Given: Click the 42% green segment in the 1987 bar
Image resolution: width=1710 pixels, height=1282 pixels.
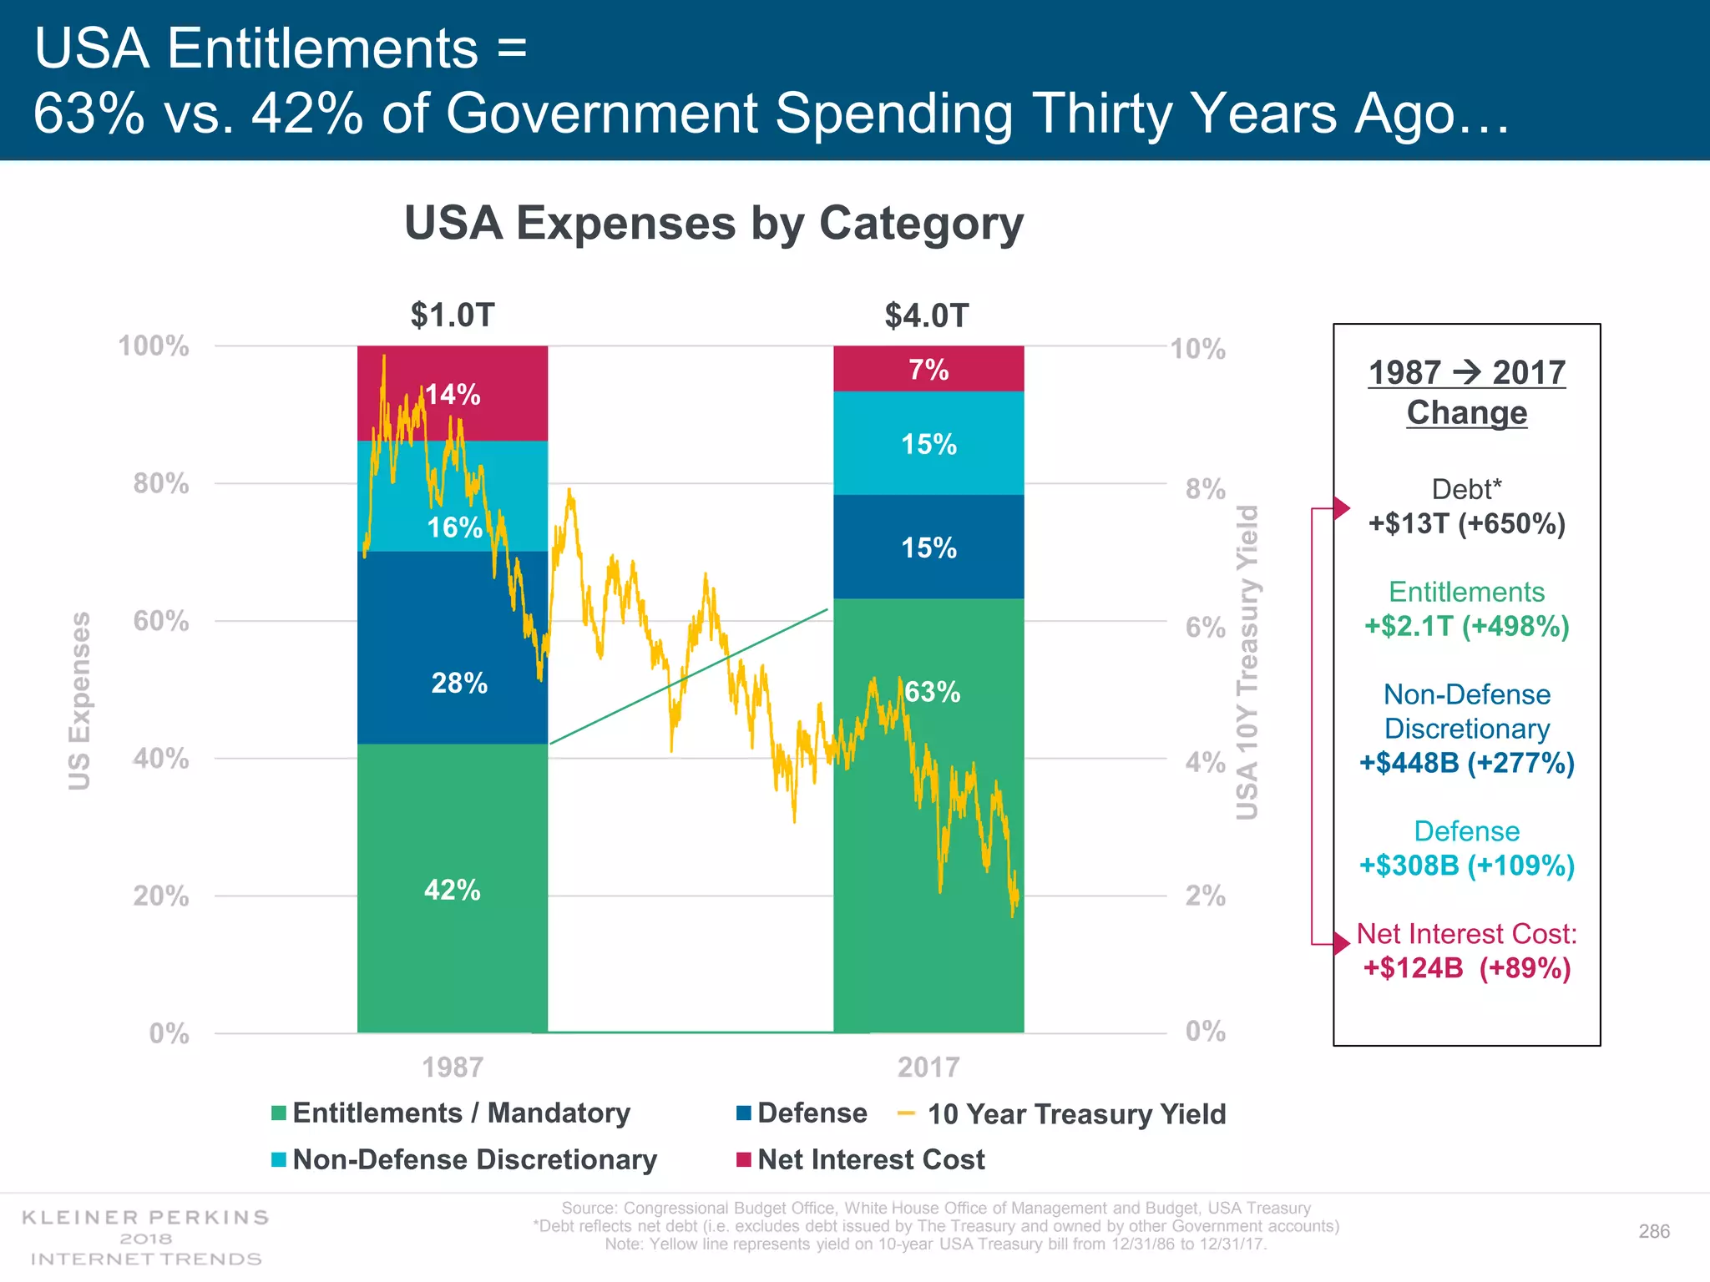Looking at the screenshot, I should (x=452, y=890).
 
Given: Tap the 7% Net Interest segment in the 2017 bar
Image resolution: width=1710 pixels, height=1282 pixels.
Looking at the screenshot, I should (x=928, y=369).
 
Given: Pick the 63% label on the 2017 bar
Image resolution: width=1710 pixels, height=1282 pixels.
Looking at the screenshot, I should (x=933, y=692).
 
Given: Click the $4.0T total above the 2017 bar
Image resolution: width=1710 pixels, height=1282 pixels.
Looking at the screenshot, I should (x=927, y=315).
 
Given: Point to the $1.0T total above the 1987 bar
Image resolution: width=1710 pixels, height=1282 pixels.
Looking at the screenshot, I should (x=453, y=315).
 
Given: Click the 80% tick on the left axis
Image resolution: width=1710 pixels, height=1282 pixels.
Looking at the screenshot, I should (x=161, y=483).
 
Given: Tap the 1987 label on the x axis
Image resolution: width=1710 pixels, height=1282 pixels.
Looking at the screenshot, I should (x=453, y=1067).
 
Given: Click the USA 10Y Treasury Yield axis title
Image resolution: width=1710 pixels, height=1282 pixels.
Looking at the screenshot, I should (x=1247, y=663).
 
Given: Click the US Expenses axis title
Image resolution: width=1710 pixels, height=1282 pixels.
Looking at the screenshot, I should (x=79, y=701).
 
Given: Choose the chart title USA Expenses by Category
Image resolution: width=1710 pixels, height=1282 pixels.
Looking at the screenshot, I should (x=714, y=224).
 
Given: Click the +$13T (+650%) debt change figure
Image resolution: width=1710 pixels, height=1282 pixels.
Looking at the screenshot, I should (x=1467, y=524).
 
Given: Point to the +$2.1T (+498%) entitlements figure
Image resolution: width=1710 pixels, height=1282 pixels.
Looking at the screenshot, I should (x=1467, y=626).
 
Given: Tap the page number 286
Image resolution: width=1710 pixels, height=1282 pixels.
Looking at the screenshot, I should (x=1654, y=1231).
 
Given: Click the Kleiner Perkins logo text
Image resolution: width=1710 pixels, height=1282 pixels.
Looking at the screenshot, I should (x=146, y=1218).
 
